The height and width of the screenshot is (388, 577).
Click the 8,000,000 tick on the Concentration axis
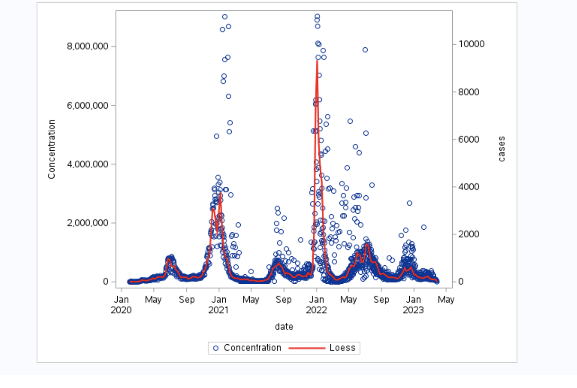(x=88, y=46)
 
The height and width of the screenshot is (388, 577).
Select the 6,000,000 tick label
(x=88, y=105)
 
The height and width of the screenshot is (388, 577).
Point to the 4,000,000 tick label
(x=88, y=164)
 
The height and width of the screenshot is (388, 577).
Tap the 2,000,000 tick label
(x=88, y=223)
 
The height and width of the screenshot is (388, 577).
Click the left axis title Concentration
(x=52, y=149)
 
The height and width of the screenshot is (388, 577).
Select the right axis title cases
(x=501, y=149)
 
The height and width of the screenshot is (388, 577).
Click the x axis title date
(x=284, y=326)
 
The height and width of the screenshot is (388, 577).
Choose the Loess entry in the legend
(x=342, y=348)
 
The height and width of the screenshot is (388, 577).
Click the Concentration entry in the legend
(x=252, y=348)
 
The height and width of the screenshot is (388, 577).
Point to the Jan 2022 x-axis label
(x=316, y=305)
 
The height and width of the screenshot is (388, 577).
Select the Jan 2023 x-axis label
(x=413, y=305)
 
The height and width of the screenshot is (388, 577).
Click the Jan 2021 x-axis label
(x=219, y=305)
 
